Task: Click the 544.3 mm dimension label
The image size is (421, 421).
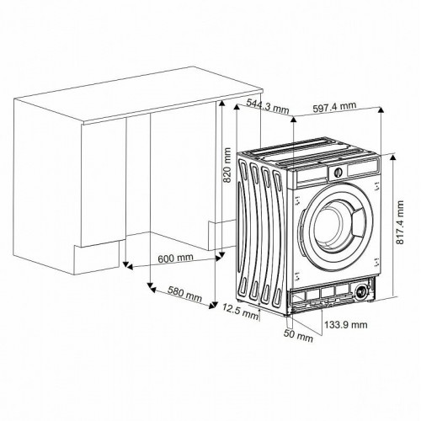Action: pyautogui.click(x=269, y=107)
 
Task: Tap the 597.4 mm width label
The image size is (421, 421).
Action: pyautogui.click(x=333, y=107)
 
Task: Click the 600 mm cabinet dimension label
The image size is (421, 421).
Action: pyautogui.click(x=175, y=258)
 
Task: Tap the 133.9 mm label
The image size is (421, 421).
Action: pyautogui.click(x=346, y=324)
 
